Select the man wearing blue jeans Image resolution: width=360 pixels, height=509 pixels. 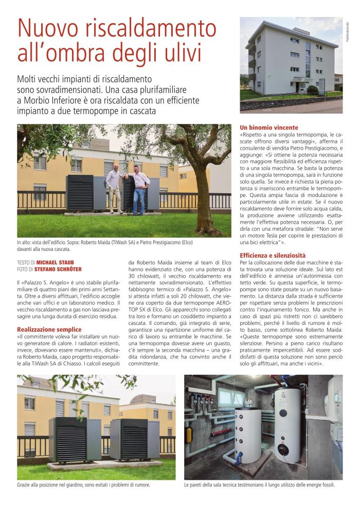(139, 190)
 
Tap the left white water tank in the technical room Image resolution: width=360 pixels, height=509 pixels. (247, 434)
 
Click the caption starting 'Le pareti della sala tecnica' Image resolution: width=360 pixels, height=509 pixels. (259, 485)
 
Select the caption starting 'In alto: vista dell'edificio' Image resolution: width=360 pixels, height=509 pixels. (103, 243)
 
